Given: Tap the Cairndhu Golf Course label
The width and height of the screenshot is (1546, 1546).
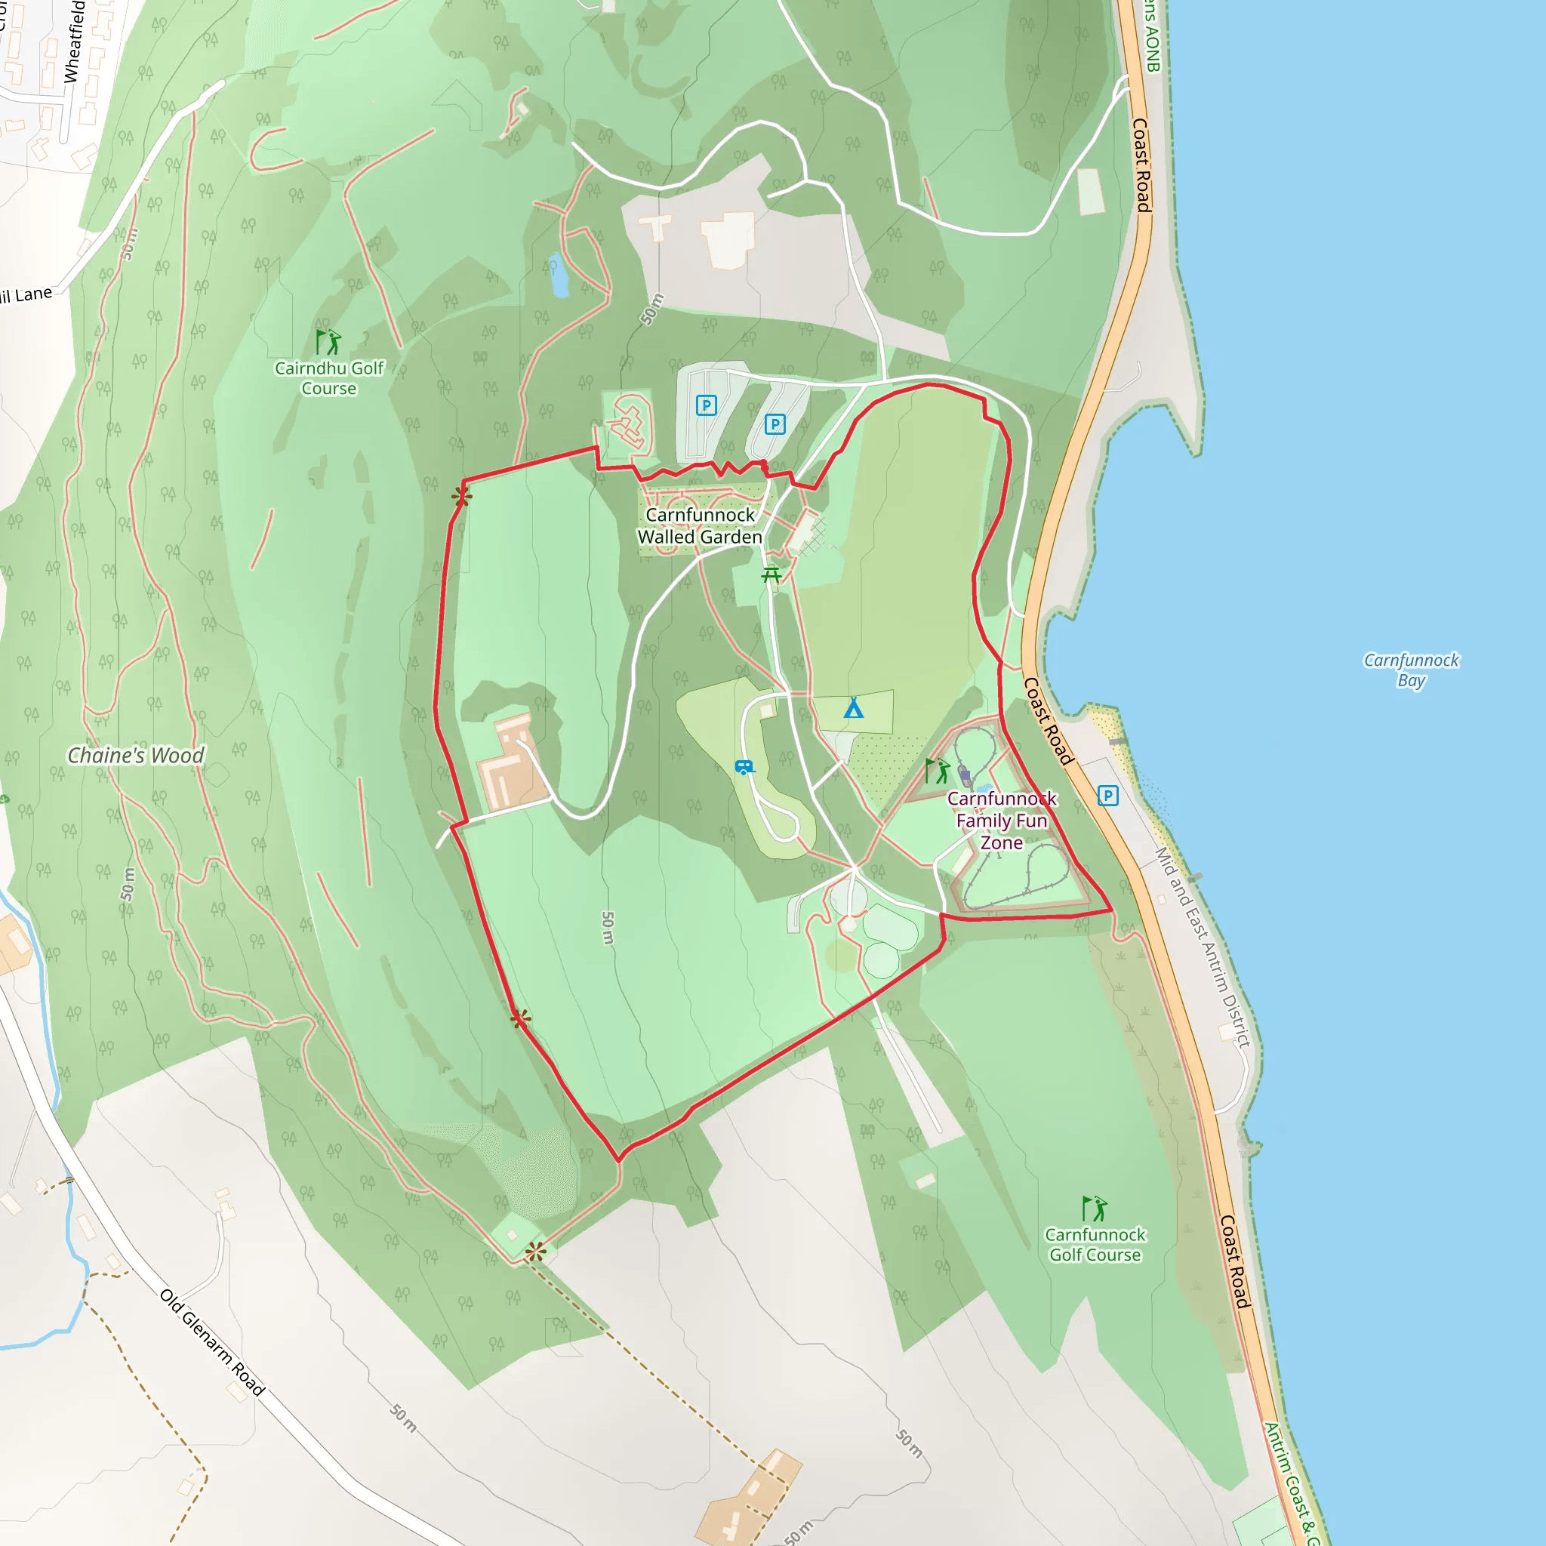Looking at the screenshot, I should (x=329, y=377).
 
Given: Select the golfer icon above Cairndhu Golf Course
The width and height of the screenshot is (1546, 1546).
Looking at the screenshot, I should (x=328, y=342).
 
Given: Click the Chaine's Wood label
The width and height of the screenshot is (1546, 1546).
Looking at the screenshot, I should (x=135, y=756).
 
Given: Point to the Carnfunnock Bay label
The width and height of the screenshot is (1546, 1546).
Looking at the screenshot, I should (x=1411, y=670).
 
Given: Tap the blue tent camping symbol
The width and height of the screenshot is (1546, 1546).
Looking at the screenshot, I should (x=854, y=707).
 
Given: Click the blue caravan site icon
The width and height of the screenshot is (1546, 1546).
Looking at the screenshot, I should (x=744, y=768).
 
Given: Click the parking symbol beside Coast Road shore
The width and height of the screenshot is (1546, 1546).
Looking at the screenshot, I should (x=1107, y=796).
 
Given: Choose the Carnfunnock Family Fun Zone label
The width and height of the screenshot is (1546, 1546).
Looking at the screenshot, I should (x=1002, y=821).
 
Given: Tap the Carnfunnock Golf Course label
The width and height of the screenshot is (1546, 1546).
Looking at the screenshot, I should (x=1095, y=1244).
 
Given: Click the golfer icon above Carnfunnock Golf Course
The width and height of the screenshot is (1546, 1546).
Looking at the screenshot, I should (x=1094, y=1209).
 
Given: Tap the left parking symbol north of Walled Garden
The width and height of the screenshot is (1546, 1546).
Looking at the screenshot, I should (x=706, y=405).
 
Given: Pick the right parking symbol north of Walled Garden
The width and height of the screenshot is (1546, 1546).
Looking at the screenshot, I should (x=775, y=424).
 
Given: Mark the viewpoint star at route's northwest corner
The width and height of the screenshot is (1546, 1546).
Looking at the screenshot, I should (x=461, y=497).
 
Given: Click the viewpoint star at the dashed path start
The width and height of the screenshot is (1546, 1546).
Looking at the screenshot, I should (x=536, y=1252).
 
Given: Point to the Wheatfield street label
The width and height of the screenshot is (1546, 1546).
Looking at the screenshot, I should (x=75, y=42).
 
